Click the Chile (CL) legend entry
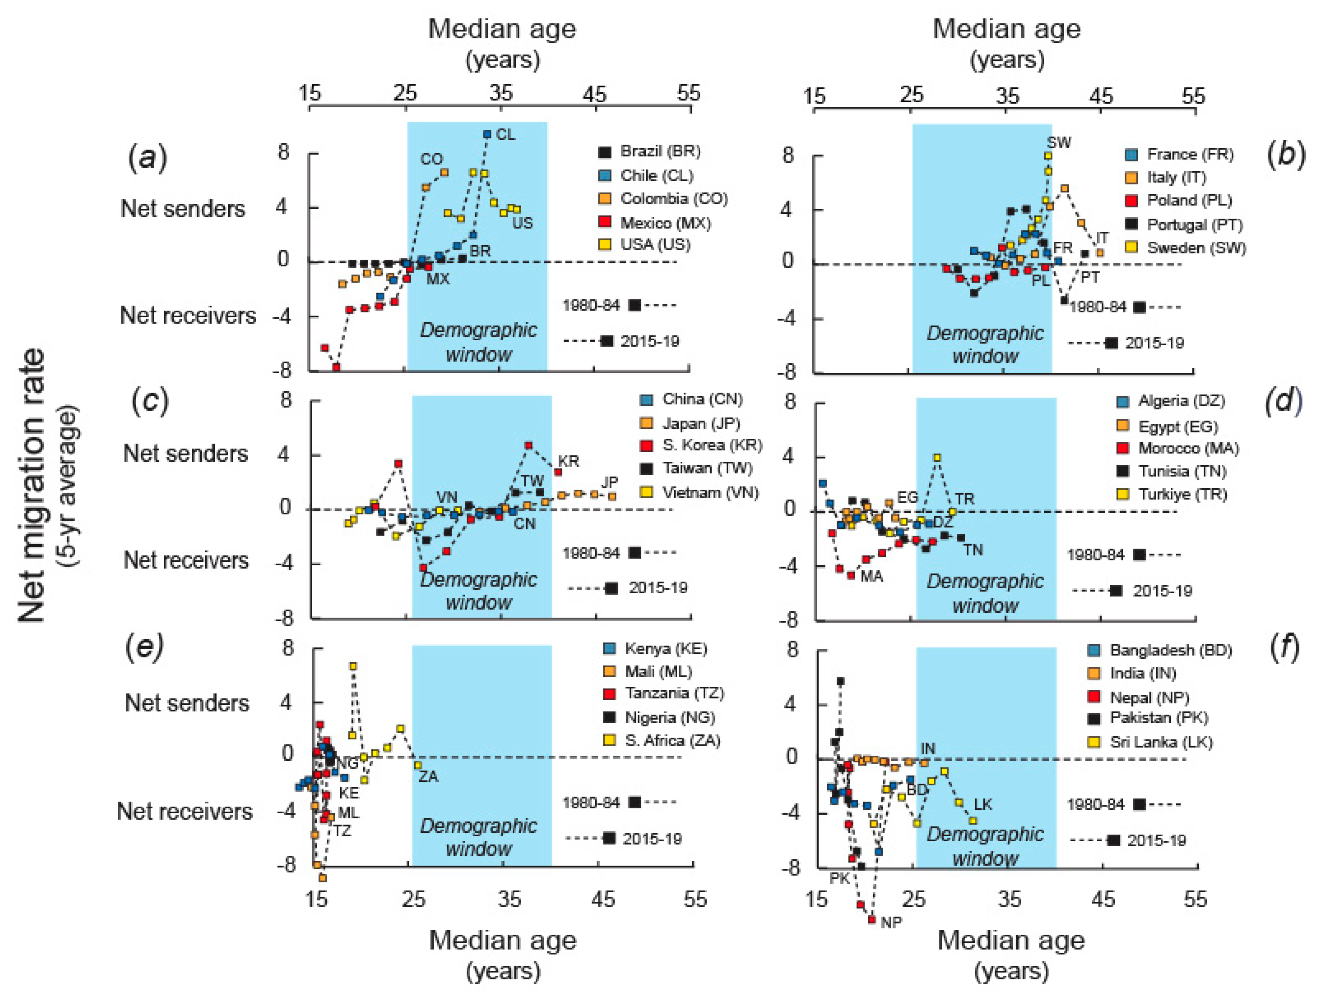[646, 176]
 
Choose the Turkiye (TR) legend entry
[1172, 494]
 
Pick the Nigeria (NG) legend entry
[658, 717]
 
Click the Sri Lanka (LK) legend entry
[1149, 742]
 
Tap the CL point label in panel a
[506, 134]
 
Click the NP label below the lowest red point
[891, 923]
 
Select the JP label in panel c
[610, 482]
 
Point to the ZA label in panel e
[428, 777]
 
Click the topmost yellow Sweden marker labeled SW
[1047, 156]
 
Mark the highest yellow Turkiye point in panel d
[937, 458]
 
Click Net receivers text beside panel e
[185, 811]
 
